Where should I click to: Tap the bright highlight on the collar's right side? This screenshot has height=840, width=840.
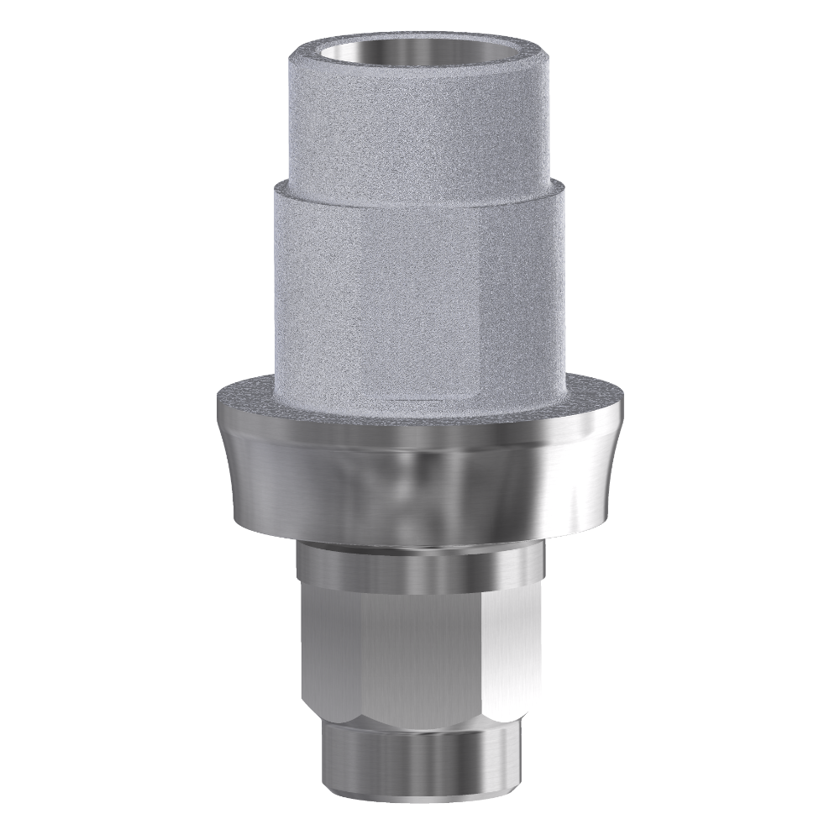click(x=580, y=479)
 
